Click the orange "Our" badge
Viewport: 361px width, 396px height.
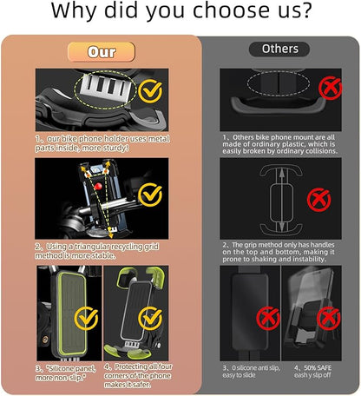click(x=102, y=52)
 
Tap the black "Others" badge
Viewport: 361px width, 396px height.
click(x=279, y=49)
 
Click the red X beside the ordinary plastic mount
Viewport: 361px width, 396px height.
click(x=329, y=88)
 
